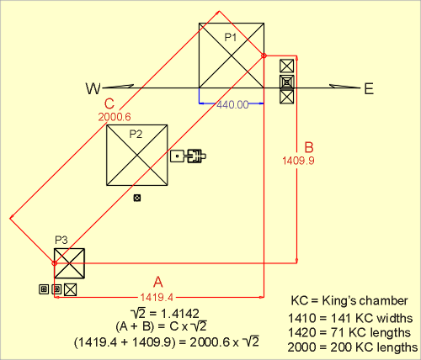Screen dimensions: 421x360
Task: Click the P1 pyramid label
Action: point(231,37)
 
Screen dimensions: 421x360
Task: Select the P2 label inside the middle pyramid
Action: point(136,135)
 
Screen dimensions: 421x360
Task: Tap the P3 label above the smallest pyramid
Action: point(61,240)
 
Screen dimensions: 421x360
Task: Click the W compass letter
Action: point(93,88)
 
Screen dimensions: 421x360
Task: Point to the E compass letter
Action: point(369,89)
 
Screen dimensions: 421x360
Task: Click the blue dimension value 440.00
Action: point(232,104)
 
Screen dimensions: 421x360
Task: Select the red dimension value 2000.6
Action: point(115,117)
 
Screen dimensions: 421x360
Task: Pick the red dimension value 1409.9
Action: point(298,161)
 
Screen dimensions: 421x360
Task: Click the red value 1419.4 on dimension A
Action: point(157,297)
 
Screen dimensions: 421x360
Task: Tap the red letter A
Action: point(158,282)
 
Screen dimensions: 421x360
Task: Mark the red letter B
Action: point(309,147)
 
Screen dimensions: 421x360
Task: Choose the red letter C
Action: point(109,103)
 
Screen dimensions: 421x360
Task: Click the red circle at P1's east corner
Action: point(264,56)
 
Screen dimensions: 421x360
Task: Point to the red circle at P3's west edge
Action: point(55,263)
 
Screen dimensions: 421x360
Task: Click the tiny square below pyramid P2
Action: point(137,198)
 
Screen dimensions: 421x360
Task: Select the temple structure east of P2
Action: point(188,156)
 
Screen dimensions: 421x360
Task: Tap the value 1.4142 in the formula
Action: point(179,314)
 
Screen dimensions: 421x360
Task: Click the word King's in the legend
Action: point(338,300)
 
